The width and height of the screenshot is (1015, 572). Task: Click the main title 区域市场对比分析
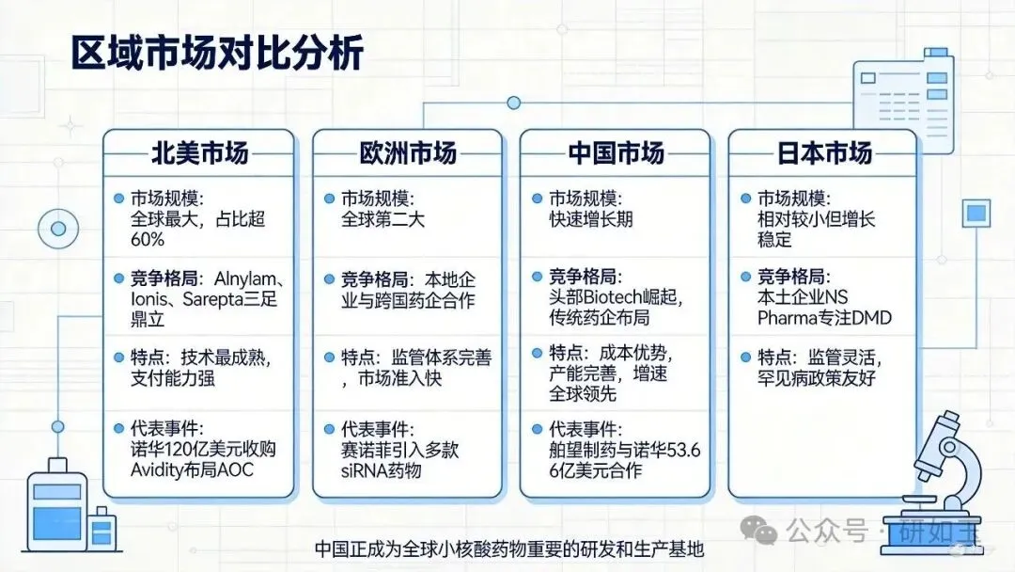coord(217,53)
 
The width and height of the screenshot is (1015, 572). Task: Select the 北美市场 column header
coord(199,153)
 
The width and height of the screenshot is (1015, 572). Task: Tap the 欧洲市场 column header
coord(408,153)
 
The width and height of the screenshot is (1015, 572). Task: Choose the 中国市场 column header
coord(617,153)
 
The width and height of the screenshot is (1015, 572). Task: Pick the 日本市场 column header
coord(824,153)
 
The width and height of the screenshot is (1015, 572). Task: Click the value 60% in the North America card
coord(148,240)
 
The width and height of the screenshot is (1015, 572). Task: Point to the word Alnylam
coord(245,279)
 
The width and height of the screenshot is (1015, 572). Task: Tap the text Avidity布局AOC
coord(193,469)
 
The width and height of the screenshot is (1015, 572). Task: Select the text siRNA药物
coord(382,470)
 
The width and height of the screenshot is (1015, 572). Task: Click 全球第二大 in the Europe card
coord(383,219)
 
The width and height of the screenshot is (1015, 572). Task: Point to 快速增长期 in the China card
coord(591,219)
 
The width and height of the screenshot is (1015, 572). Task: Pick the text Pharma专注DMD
coord(824,318)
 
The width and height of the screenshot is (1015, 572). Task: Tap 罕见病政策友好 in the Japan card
coord(817,377)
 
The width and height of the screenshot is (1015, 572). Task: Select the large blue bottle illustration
coord(57,505)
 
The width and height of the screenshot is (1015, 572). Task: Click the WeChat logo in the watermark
coord(758,530)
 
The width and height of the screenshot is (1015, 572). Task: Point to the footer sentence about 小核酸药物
coord(508,549)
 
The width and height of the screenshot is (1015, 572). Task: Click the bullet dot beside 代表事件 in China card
coord(537,429)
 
